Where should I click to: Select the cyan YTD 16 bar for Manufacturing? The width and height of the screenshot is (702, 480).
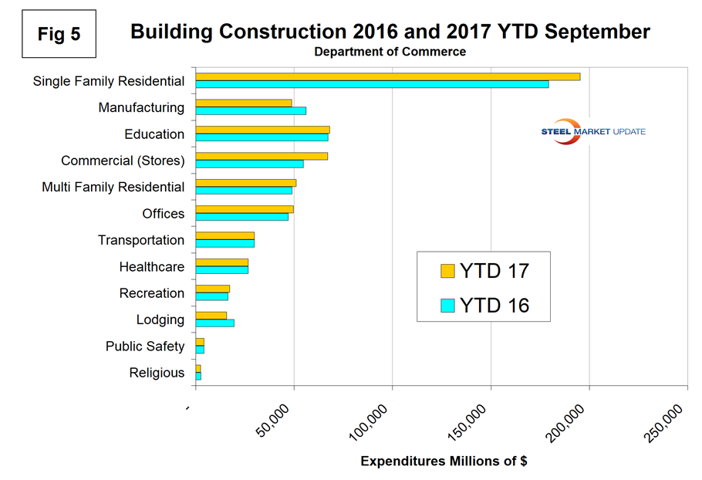[251, 111]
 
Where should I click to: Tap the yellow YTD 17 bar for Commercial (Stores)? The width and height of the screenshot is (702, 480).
[262, 156]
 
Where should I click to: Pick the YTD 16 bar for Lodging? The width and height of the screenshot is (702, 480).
[214, 323]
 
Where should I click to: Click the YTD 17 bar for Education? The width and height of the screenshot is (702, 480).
[262, 130]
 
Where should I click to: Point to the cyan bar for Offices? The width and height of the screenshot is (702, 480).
[241, 217]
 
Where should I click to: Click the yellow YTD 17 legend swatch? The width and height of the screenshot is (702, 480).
[447, 271]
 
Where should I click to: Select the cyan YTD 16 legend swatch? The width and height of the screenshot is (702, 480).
[447, 306]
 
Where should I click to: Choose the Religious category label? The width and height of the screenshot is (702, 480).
[157, 373]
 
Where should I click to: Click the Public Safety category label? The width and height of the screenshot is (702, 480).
[145, 346]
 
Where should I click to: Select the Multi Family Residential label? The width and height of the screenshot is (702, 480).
[113, 187]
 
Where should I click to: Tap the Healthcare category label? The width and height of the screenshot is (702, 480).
[152, 267]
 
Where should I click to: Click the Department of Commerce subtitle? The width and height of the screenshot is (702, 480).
[390, 52]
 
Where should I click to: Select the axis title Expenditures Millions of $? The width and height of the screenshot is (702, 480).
[444, 461]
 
